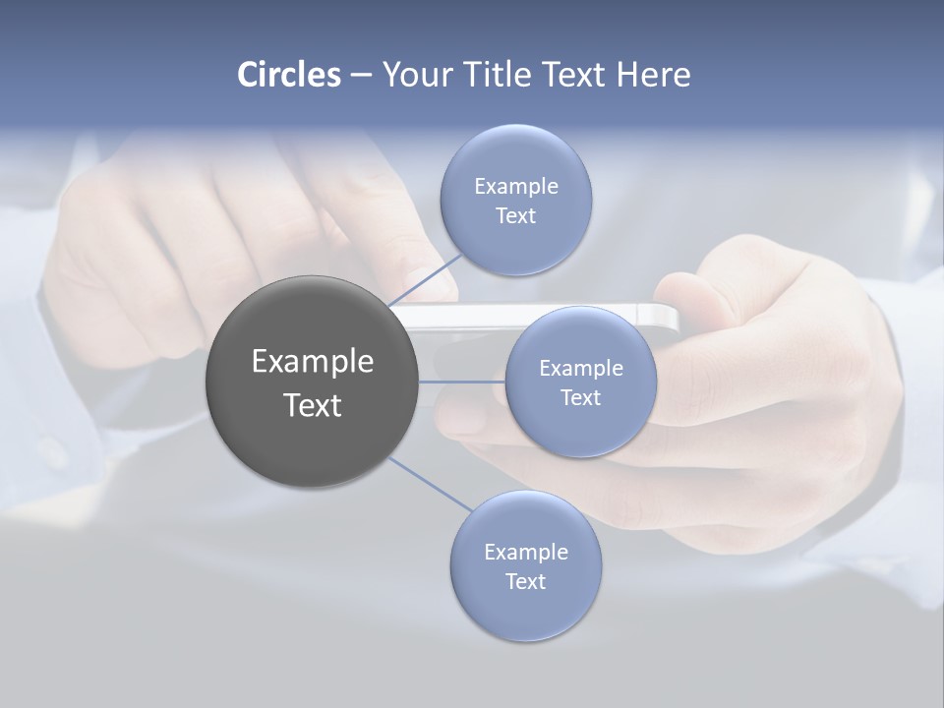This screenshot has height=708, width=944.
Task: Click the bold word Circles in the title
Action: click(x=288, y=75)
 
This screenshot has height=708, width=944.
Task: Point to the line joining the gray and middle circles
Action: click(x=462, y=382)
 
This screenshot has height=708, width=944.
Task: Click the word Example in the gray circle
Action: click(x=312, y=362)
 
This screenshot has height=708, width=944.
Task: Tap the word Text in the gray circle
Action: click(x=312, y=405)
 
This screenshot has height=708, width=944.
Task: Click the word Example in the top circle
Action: click(x=515, y=187)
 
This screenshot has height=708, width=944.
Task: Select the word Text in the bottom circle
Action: click(x=526, y=581)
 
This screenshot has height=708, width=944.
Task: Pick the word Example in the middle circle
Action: click(x=580, y=369)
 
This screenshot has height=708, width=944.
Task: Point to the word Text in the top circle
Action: click(x=515, y=216)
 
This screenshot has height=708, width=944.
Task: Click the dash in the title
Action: click(x=360, y=75)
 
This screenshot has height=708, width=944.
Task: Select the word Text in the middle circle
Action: click(x=580, y=398)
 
